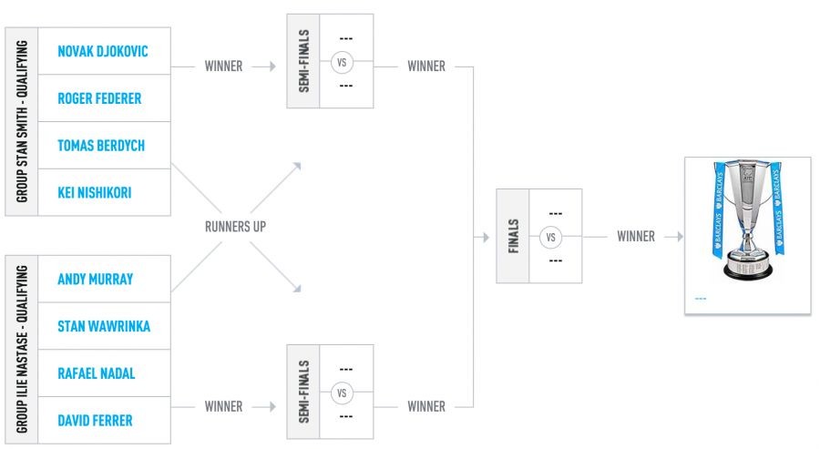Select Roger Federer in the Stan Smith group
(99, 98)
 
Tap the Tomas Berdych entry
(100, 146)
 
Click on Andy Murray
(95, 279)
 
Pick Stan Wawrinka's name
(103, 326)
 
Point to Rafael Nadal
(97, 373)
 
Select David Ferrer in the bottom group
(95, 420)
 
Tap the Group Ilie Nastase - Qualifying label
(21, 350)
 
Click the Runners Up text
(234, 227)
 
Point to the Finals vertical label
(514, 237)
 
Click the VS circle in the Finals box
(548, 237)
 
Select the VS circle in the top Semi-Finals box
(343, 62)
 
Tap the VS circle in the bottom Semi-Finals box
(343, 393)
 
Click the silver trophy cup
(747, 223)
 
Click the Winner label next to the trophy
(635, 237)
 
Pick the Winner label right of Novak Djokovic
(223, 66)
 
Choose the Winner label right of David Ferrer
(223, 406)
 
